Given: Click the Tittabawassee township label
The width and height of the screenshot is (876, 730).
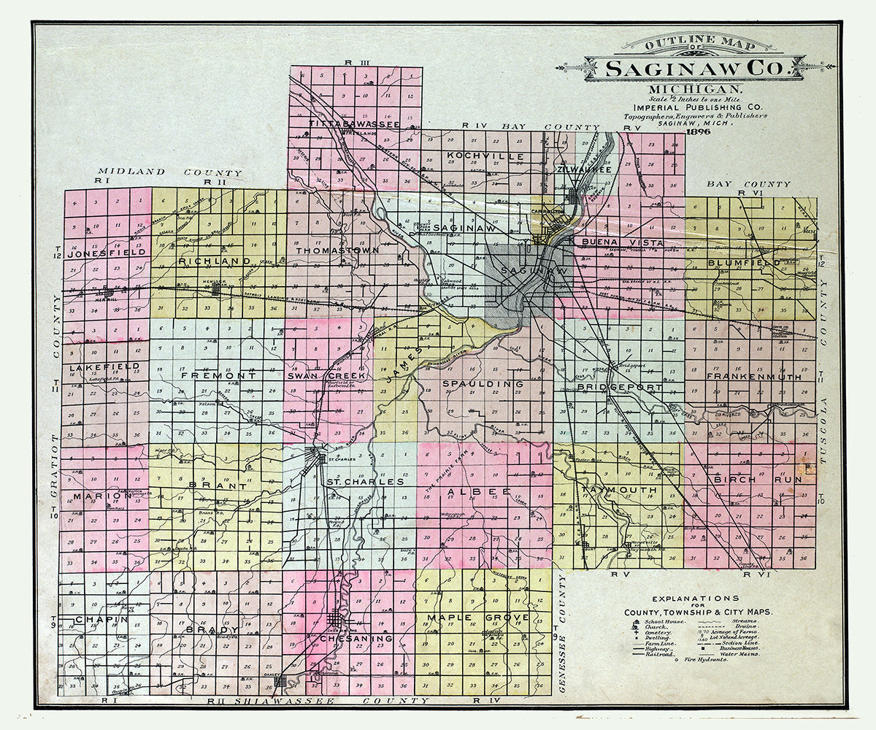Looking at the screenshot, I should tap(353, 125).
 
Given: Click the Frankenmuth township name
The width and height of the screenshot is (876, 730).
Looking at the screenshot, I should tap(753, 377).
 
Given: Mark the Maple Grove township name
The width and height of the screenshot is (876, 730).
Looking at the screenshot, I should tap(483, 618).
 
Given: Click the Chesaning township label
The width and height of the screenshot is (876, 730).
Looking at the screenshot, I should tap(356, 638).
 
